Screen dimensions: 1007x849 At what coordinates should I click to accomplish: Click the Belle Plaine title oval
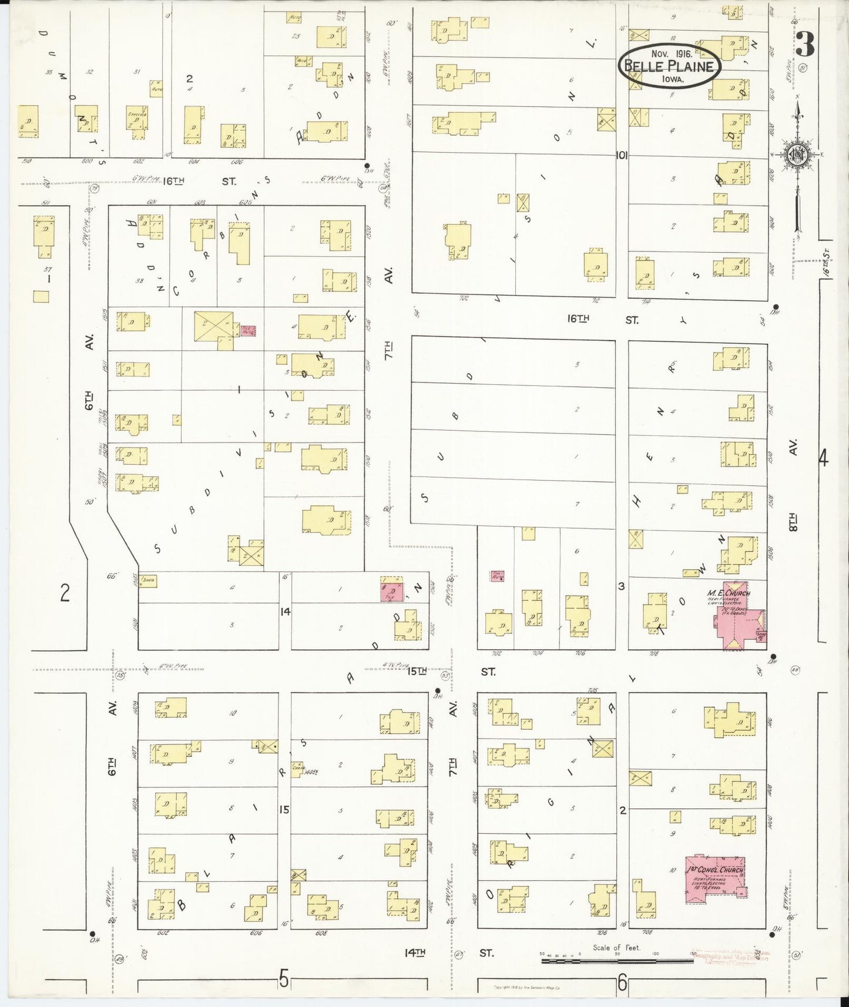670,66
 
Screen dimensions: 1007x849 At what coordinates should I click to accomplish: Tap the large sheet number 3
806,43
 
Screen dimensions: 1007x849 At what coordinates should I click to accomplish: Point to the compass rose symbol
797,155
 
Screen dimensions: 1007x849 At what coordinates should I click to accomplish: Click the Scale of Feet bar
617,961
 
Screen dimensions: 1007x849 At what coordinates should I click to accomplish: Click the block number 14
285,612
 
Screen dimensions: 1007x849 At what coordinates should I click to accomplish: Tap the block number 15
284,810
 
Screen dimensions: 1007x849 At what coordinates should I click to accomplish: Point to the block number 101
622,156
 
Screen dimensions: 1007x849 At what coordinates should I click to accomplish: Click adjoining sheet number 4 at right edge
823,458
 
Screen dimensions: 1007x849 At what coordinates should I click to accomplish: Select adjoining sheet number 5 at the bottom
284,979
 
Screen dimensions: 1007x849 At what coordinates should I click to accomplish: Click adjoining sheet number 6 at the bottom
622,981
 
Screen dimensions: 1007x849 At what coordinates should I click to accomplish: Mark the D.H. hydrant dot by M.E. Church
773,657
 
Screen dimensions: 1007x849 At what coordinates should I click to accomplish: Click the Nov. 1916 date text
670,53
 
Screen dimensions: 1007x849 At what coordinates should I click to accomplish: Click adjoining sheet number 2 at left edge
65,593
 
